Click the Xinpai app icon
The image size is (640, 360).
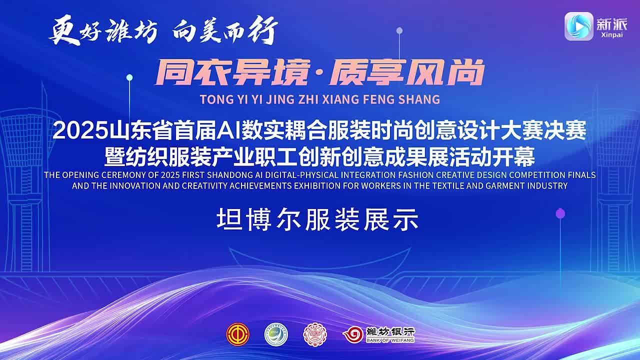pyautogui.click(x=579, y=26)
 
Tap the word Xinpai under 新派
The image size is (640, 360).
pyautogui.click(x=611, y=35)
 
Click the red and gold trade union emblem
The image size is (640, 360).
pyautogui.click(x=237, y=334)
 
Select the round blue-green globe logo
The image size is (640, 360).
pyautogui.click(x=276, y=334)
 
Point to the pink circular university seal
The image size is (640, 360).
pyautogui.click(x=315, y=335)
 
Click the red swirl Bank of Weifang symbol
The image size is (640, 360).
pyautogui.click(x=353, y=334)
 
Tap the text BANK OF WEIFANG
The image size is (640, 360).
pyautogui.click(x=390, y=340)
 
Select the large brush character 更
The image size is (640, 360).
pyautogui.click(x=63, y=30)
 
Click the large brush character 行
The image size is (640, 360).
pyautogui.click(x=262, y=30)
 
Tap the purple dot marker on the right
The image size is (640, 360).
pyautogui.click(x=560, y=213)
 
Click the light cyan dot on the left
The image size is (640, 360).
pyautogui.click(x=129, y=77)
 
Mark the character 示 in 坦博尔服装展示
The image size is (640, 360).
pyautogui.click(x=405, y=219)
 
